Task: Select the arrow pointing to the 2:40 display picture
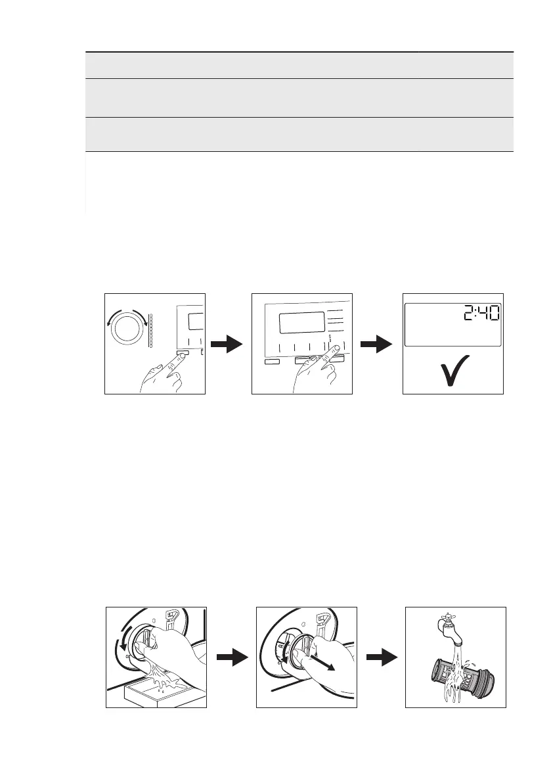coord(377,344)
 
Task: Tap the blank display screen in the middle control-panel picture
coord(301,323)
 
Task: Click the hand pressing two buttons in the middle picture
coord(315,375)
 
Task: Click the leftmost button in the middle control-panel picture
coord(271,361)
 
